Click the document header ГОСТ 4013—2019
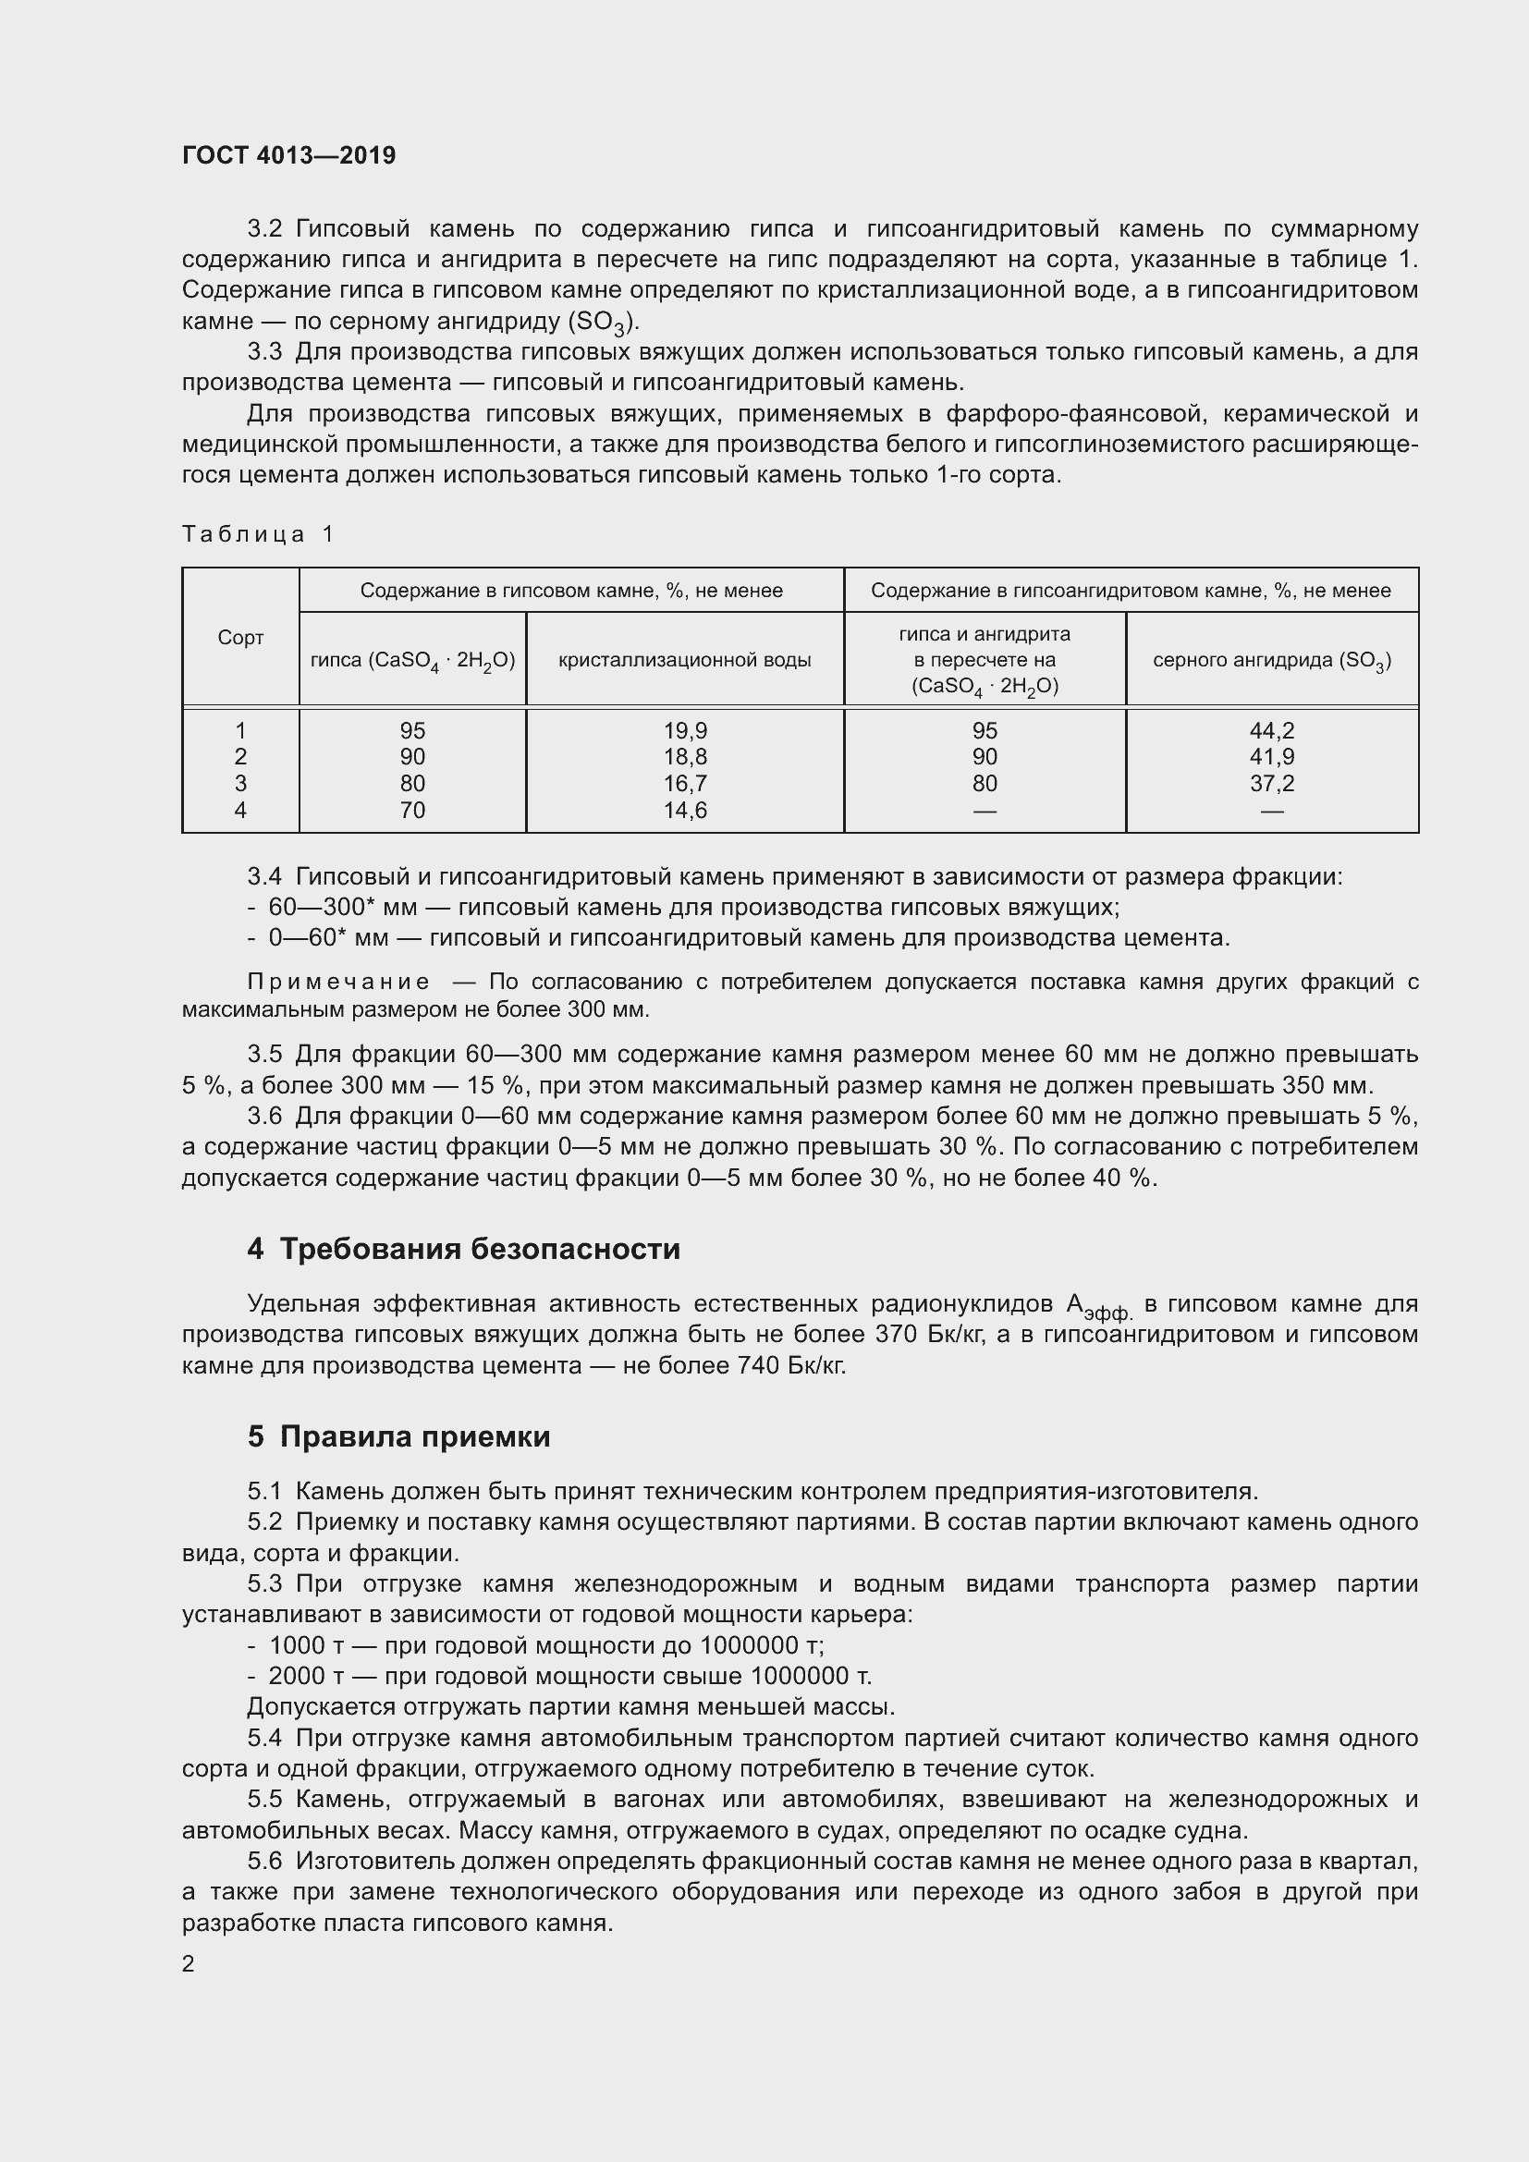click(x=289, y=155)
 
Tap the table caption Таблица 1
click(x=258, y=535)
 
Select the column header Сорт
click(x=240, y=638)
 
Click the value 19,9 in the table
click(x=684, y=731)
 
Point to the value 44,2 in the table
click(x=1271, y=731)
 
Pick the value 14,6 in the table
click(x=684, y=810)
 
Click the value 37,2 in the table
click(x=1271, y=784)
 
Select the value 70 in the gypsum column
click(x=412, y=810)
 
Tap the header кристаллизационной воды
click(x=684, y=660)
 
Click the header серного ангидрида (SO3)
click(x=1271, y=660)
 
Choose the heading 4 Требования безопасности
click(x=463, y=1249)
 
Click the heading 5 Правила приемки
click(x=399, y=1436)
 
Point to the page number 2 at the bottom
click(x=189, y=1963)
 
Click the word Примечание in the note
click(x=339, y=983)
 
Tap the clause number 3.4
click(x=264, y=876)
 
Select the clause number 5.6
click(x=264, y=1861)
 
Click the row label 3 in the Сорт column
click(x=240, y=784)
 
